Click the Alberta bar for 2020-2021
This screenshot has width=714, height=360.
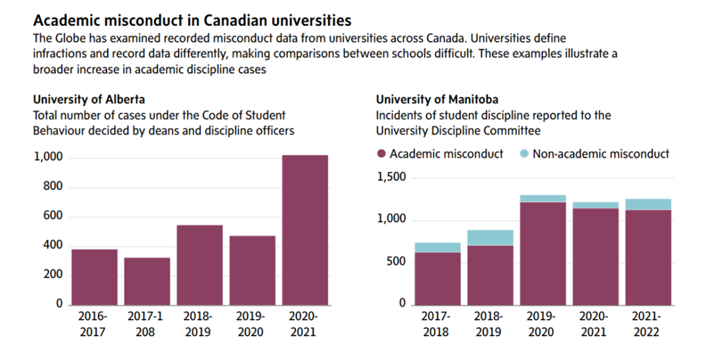[305, 230]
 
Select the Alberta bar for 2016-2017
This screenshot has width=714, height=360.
[94, 276]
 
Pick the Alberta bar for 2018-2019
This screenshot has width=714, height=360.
[199, 264]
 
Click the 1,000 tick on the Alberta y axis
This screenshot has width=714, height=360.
[49, 157]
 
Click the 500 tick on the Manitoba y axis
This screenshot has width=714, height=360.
[397, 262]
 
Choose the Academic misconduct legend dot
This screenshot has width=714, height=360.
[381, 153]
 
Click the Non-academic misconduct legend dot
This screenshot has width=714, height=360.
[524, 153]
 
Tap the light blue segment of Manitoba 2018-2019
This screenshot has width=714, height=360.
[490, 238]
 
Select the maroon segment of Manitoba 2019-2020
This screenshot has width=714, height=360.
[543, 253]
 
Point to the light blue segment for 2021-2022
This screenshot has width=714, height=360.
[648, 204]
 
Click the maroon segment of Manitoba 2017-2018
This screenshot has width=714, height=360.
[438, 278]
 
